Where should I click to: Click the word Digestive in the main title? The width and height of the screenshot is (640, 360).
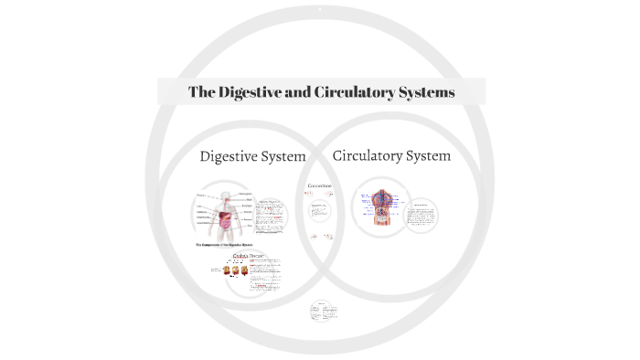click(x=248, y=92)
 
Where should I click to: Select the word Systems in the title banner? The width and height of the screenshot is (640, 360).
click(x=426, y=92)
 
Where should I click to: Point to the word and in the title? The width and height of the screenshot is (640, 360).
click(x=296, y=92)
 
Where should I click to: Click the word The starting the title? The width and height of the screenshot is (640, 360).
click(x=201, y=92)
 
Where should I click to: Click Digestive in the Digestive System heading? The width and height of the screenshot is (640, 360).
click(x=230, y=156)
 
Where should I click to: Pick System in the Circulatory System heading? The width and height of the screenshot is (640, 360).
click(x=428, y=155)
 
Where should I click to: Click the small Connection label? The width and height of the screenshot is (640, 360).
click(x=319, y=186)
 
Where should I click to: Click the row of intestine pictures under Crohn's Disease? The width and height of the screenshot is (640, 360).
click(x=230, y=270)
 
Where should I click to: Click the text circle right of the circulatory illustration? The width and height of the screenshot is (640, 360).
click(x=421, y=216)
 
